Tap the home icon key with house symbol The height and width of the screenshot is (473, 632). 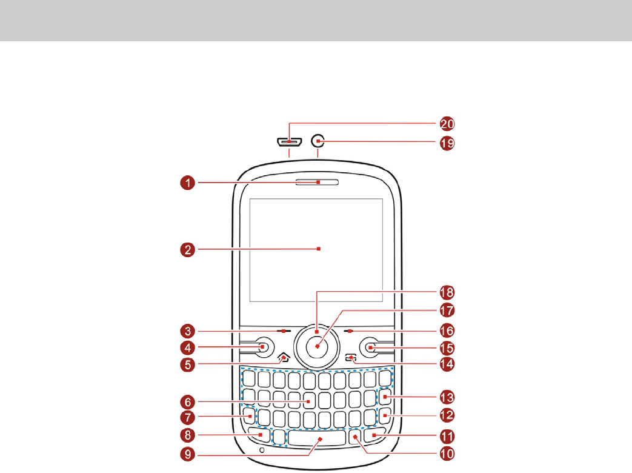(283, 358)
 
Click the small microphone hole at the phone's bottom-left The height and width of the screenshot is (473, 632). (262, 451)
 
